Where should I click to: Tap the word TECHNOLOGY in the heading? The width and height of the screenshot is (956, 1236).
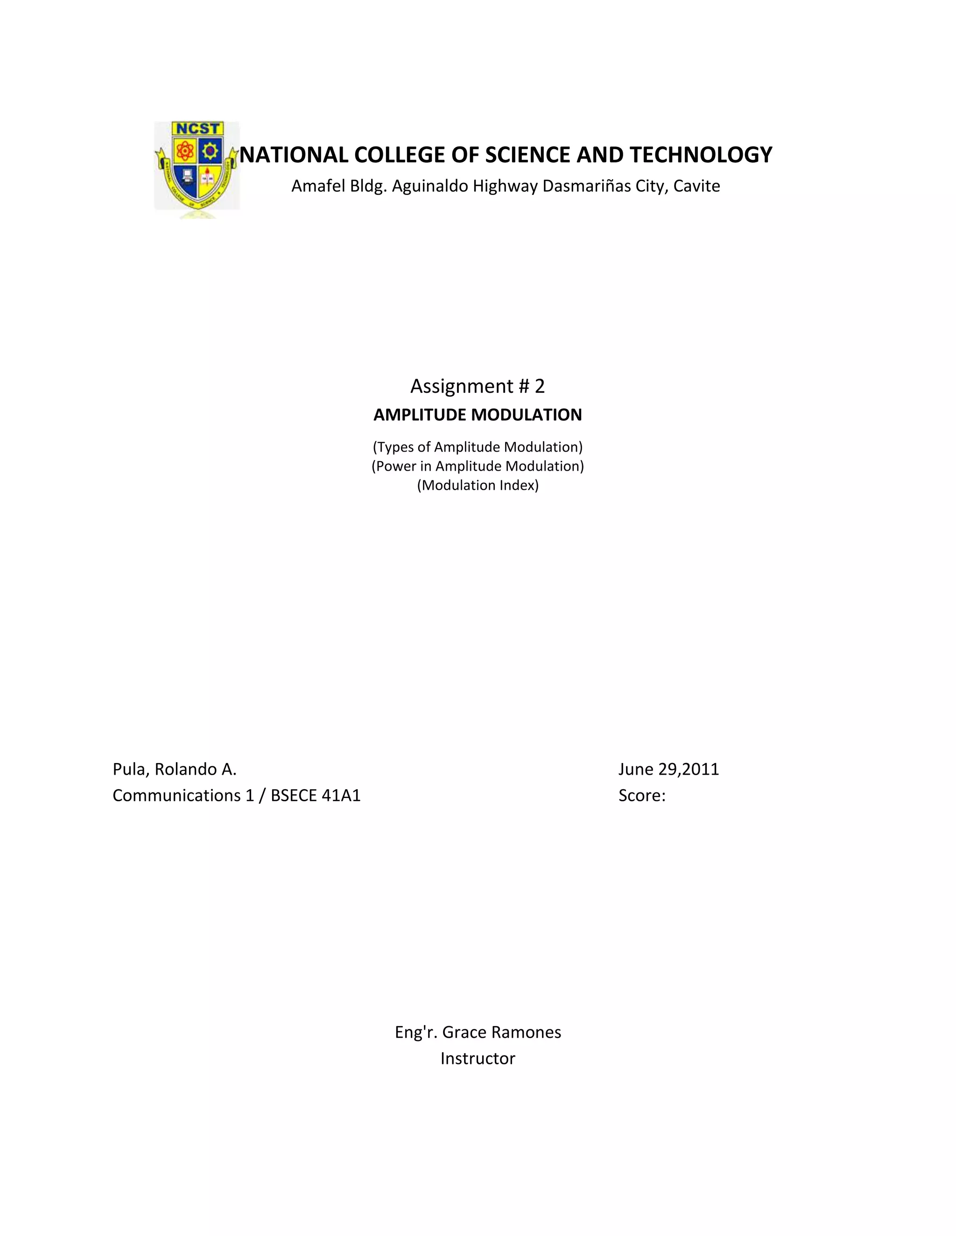click(701, 155)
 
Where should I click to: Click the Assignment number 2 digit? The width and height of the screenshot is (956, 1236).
click(539, 386)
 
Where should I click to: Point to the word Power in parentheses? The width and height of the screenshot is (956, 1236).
click(395, 466)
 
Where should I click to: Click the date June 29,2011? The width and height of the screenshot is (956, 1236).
click(668, 770)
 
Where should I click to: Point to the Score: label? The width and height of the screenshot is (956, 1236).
click(642, 796)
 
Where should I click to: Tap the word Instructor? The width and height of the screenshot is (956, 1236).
click(478, 1058)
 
